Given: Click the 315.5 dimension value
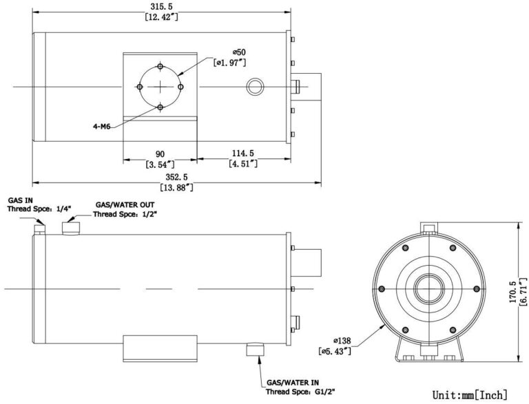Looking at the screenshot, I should (x=163, y=6).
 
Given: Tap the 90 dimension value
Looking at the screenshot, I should (x=160, y=153).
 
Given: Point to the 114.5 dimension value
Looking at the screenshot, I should (x=243, y=153).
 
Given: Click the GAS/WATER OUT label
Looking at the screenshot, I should (x=125, y=204).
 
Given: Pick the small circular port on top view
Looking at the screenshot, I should (x=255, y=87).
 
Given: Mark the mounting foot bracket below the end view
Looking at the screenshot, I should (x=428, y=348).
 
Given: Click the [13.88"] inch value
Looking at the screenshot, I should (x=176, y=187).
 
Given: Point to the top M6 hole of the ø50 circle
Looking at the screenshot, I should (x=160, y=67).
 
